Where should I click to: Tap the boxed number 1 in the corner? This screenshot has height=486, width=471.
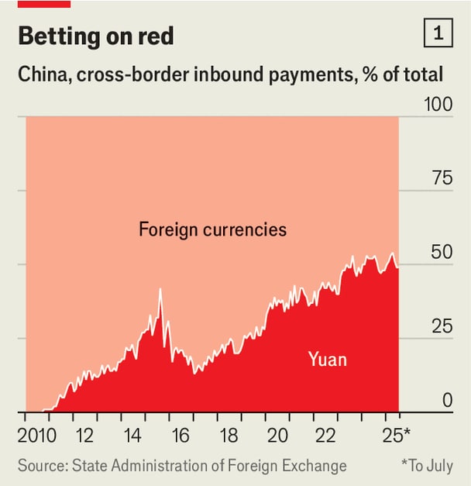[x=439, y=33]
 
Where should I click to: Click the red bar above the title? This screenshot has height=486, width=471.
[x=44, y=4]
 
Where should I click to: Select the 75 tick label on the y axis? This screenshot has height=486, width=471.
[x=441, y=178]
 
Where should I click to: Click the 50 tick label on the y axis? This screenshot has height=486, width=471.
[x=441, y=253]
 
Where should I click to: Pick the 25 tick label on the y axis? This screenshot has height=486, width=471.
[x=441, y=326]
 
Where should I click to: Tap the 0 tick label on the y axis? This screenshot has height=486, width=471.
[x=446, y=400]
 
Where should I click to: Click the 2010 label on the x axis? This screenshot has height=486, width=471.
[x=37, y=435]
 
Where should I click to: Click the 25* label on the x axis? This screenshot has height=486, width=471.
[x=396, y=435]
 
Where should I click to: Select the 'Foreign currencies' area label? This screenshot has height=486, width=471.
[x=212, y=229]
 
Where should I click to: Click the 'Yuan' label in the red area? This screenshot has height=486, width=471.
[x=328, y=359]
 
